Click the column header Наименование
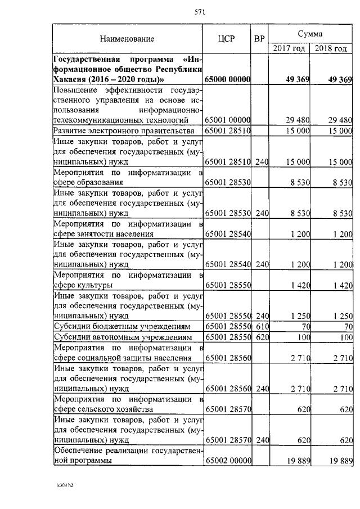pyautogui.click(x=127, y=39)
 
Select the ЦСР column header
pyautogui.click(x=227, y=39)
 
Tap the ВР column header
pyautogui.click(x=259, y=39)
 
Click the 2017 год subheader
pyautogui.click(x=289, y=48)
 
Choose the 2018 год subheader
pyautogui.click(x=331, y=48)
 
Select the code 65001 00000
pyautogui.click(x=228, y=120)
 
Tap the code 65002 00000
pyautogui.click(x=228, y=461)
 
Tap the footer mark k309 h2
pyautogui.click(x=65, y=483)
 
